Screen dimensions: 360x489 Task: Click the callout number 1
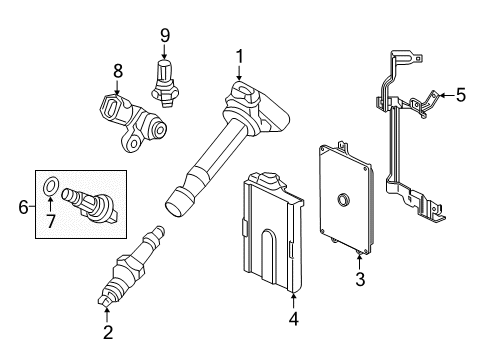pyautogui.click(x=239, y=57)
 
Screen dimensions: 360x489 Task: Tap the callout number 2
pyautogui.click(x=107, y=332)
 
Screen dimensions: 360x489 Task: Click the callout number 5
pyautogui.click(x=460, y=96)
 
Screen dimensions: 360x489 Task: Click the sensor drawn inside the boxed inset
pyautogui.click(x=96, y=201)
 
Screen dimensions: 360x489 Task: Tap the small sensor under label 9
pyautogui.click(x=163, y=80)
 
